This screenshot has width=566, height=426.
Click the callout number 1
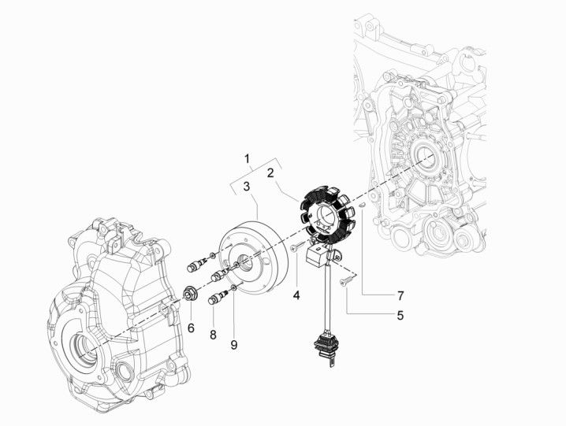coord(248,158)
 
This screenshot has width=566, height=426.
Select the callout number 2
coord(270,172)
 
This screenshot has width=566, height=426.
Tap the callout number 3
coord(247,187)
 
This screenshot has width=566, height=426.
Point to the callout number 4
coord(296,296)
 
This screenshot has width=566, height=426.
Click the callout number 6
coord(189,328)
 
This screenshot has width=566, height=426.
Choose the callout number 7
coord(400,296)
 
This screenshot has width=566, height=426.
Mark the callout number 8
coord(212,335)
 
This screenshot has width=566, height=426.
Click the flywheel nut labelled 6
coord(190,295)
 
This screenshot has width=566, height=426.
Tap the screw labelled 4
coord(294,247)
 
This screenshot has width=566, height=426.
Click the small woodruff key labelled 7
coord(359,205)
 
